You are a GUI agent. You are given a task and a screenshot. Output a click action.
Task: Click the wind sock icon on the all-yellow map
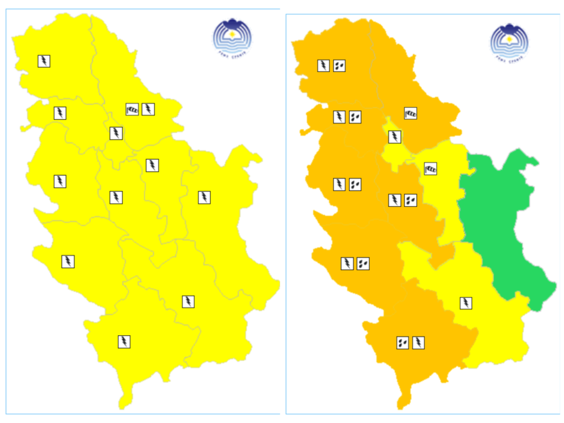(x=132, y=109)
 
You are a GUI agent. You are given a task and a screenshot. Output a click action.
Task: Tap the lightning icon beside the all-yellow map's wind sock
(x=148, y=109)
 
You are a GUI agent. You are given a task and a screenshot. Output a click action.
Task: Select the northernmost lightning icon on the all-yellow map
(x=44, y=61)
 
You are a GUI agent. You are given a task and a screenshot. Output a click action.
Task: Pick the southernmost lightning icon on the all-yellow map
(x=124, y=342)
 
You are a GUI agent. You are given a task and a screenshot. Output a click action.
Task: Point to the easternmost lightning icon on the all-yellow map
(x=204, y=197)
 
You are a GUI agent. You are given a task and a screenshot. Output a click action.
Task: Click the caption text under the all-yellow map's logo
(x=233, y=55)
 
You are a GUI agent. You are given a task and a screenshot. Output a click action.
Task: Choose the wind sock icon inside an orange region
(x=410, y=113)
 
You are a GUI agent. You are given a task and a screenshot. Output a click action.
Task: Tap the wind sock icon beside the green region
(x=431, y=168)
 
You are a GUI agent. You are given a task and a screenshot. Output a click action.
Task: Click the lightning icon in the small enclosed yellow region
(x=395, y=137)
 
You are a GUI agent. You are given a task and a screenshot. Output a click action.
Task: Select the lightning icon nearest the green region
(x=466, y=303)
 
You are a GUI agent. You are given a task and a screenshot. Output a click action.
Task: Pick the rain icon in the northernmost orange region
(x=340, y=65)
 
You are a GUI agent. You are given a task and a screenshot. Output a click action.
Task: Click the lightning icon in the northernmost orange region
(x=323, y=65)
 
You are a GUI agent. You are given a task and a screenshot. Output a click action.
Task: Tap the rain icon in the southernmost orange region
(x=402, y=343)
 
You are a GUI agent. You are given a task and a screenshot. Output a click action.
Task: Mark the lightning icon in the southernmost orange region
(x=419, y=343)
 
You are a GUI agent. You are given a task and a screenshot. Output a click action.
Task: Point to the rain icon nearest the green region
(x=411, y=200)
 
